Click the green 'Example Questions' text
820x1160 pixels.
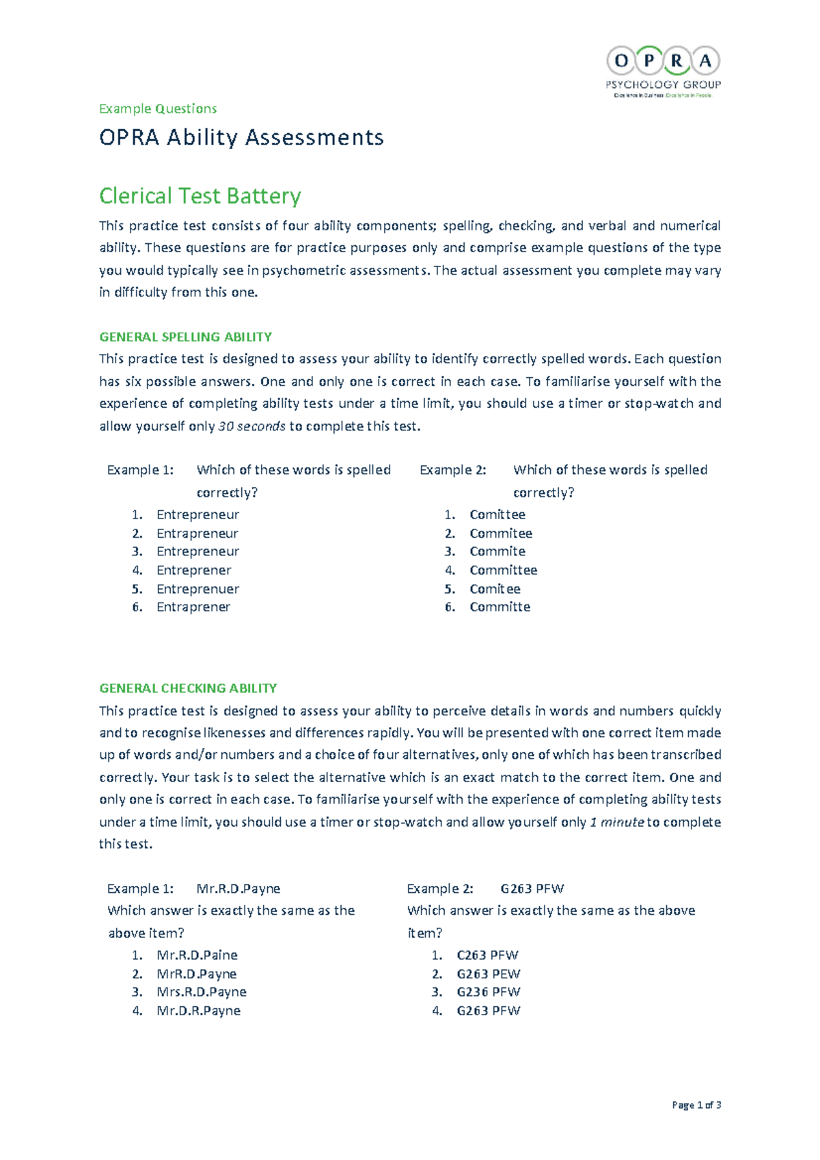click(x=158, y=109)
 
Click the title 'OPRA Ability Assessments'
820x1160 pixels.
click(x=241, y=137)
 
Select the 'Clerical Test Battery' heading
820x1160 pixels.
click(x=200, y=196)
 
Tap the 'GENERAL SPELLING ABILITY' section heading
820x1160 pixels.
click(x=185, y=337)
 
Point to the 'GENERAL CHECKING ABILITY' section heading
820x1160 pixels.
click(x=188, y=688)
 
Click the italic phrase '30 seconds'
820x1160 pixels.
click(x=251, y=426)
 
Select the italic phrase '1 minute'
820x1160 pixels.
click(x=616, y=822)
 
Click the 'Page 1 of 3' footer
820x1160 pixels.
click(x=696, y=1105)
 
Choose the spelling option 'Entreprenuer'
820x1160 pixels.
click(x=197, y=589)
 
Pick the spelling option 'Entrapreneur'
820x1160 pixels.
click(x=197, y=534)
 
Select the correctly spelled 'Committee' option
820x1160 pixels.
click(x=503, y=570)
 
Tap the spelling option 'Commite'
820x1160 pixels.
click(x=497, y=551)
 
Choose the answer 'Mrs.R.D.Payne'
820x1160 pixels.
click(x=201, y=992)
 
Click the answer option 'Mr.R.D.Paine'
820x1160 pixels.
click(x=197, y=955)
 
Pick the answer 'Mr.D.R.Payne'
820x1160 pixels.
click(x=198, y=1010)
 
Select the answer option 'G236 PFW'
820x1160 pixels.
click(x=488, y=992)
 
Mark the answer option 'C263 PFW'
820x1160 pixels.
click(x=487, y=955)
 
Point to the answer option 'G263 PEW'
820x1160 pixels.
click(x=488, y=974)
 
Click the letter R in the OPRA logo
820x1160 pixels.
click(x=676, y=61)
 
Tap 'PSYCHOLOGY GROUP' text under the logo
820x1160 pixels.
click(x=663, y=85)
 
